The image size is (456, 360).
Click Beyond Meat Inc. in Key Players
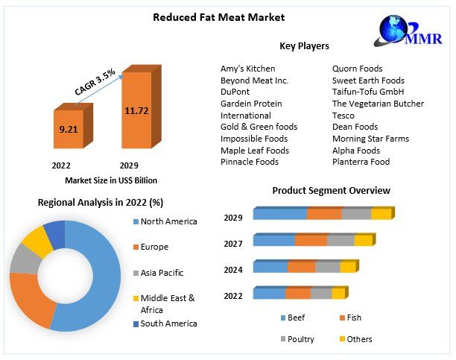tap(254, 80)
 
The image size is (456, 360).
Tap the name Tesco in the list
tap(343, 116)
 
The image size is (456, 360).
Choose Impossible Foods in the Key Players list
tap(254, 139)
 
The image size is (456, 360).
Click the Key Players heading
tap(304, 46)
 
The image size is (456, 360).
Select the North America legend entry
tap(168, 221)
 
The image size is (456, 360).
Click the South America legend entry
tap(168, 323)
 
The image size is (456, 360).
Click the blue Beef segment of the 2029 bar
tap(280, 215)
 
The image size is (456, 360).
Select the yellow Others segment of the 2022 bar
tap(338, 294)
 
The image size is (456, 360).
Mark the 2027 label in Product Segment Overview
tap(233, 243)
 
